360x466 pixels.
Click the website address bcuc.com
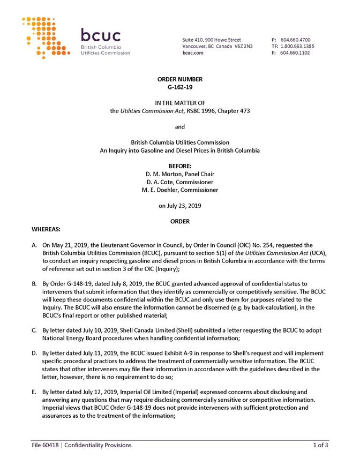[192, 53]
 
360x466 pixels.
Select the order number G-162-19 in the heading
[180, 86]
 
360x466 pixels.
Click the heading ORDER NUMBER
[180, 79]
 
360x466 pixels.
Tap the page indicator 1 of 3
[320, 445]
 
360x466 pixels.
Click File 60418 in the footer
[45, 445]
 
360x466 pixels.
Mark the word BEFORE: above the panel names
[180, 166]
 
